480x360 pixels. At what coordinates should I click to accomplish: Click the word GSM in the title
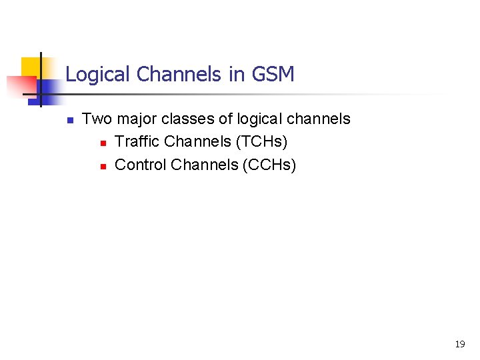tap(273, 74)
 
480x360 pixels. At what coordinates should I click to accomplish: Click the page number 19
tap(459, 344)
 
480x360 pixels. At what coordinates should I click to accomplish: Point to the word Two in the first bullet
tap(97, 119)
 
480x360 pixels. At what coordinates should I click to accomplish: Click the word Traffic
tap(137, 141)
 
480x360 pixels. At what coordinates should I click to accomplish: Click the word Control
tap(141, 164)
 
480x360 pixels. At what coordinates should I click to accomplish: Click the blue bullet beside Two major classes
tap(69, 120)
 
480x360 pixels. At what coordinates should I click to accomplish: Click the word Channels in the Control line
tap(204, 164)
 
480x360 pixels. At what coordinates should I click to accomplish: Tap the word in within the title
tap(237, 74)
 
